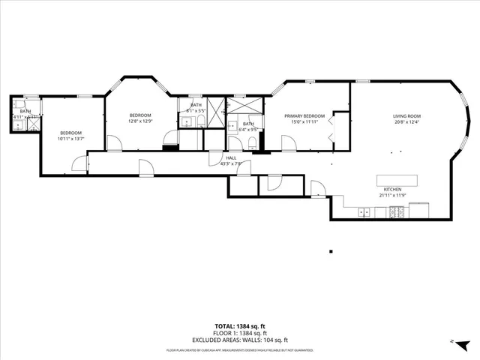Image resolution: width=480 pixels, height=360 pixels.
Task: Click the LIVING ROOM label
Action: pos(406,116)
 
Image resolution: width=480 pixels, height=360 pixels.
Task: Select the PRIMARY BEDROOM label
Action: pos(304,116)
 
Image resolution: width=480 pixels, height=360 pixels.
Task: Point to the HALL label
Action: pos(231,157)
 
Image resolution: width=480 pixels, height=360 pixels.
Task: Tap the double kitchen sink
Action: pos(364,212)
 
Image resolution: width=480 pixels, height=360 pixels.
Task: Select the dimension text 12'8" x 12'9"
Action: pos(140,121)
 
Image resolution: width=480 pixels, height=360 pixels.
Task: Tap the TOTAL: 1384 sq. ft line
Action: pos(239,326)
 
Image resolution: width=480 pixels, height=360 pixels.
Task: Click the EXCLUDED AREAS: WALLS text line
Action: pos(239,340)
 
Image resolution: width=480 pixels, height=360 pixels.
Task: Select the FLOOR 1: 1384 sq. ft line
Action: pos(239,333)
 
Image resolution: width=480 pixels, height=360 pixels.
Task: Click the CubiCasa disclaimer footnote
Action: pos(239,349)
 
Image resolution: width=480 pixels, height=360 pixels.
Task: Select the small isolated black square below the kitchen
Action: pos(330,250)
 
